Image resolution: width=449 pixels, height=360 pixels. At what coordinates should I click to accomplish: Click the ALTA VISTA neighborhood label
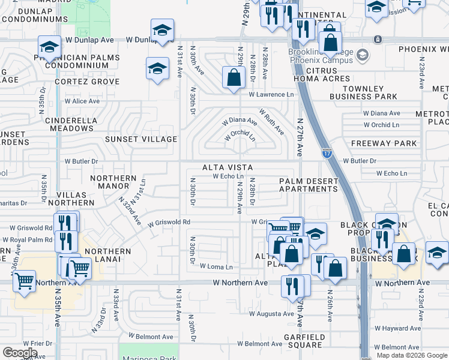tap(227, 167)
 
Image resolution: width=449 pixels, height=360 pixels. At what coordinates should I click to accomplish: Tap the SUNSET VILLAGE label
tap(141, 139)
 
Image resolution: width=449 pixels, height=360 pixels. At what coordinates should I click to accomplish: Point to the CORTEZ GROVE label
tap(87, 81)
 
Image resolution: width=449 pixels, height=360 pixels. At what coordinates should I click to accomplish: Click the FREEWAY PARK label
tap(384, 143)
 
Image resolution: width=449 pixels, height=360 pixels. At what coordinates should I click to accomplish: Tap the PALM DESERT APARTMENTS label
tap(309, 185)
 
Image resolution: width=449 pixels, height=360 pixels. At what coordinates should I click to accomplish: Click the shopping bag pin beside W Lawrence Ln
tap(234, 77)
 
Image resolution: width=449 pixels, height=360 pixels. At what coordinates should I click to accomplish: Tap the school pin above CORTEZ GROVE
tap(157, 68)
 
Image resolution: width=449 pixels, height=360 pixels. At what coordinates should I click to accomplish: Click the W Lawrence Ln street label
tap(272, 95)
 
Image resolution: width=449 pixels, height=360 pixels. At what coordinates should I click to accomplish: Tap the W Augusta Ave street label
tap(271, 313)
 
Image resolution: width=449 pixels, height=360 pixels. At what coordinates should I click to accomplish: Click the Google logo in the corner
tap(20, 353)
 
